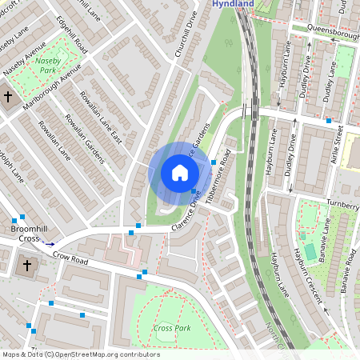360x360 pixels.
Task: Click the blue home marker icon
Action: [x=180, y=173]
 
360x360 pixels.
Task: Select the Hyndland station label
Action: [x=232, y=4]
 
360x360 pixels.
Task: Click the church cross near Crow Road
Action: [x=26, y=265]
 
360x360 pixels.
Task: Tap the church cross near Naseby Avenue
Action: [x=8, y=97]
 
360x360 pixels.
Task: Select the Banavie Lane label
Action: [x=326, y=240]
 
